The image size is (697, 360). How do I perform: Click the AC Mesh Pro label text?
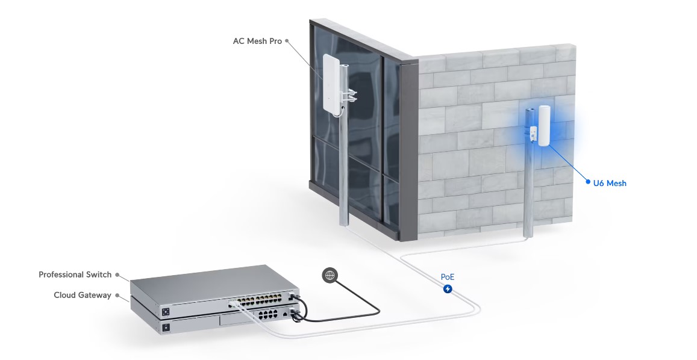(x=257, y=41)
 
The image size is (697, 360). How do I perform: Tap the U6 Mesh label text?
(x=610, y=183)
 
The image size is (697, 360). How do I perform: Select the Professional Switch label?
(x=75, y=275)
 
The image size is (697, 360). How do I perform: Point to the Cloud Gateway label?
(x=83, y=295)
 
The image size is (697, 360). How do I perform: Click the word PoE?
(x=448, y=277)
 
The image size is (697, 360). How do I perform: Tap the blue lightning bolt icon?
(x=448, y=289)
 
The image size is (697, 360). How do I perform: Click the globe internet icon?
(x=330, y=275)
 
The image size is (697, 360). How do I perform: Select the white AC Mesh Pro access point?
(x=331, y=84)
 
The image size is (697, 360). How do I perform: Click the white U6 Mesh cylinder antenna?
(x=545, y=125)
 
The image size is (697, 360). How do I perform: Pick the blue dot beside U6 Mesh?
(x=588, y=182)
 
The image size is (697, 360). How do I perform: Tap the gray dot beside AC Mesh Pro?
(x=287, y=40)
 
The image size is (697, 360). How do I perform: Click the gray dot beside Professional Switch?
(x=117, y=275)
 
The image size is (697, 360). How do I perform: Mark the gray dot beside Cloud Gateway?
(x=117, y=294)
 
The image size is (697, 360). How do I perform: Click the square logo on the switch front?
(x=166, y=312)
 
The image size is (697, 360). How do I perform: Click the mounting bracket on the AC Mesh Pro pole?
(x=348, y=95)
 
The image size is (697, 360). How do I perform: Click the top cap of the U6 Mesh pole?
(x=530, y=110)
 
